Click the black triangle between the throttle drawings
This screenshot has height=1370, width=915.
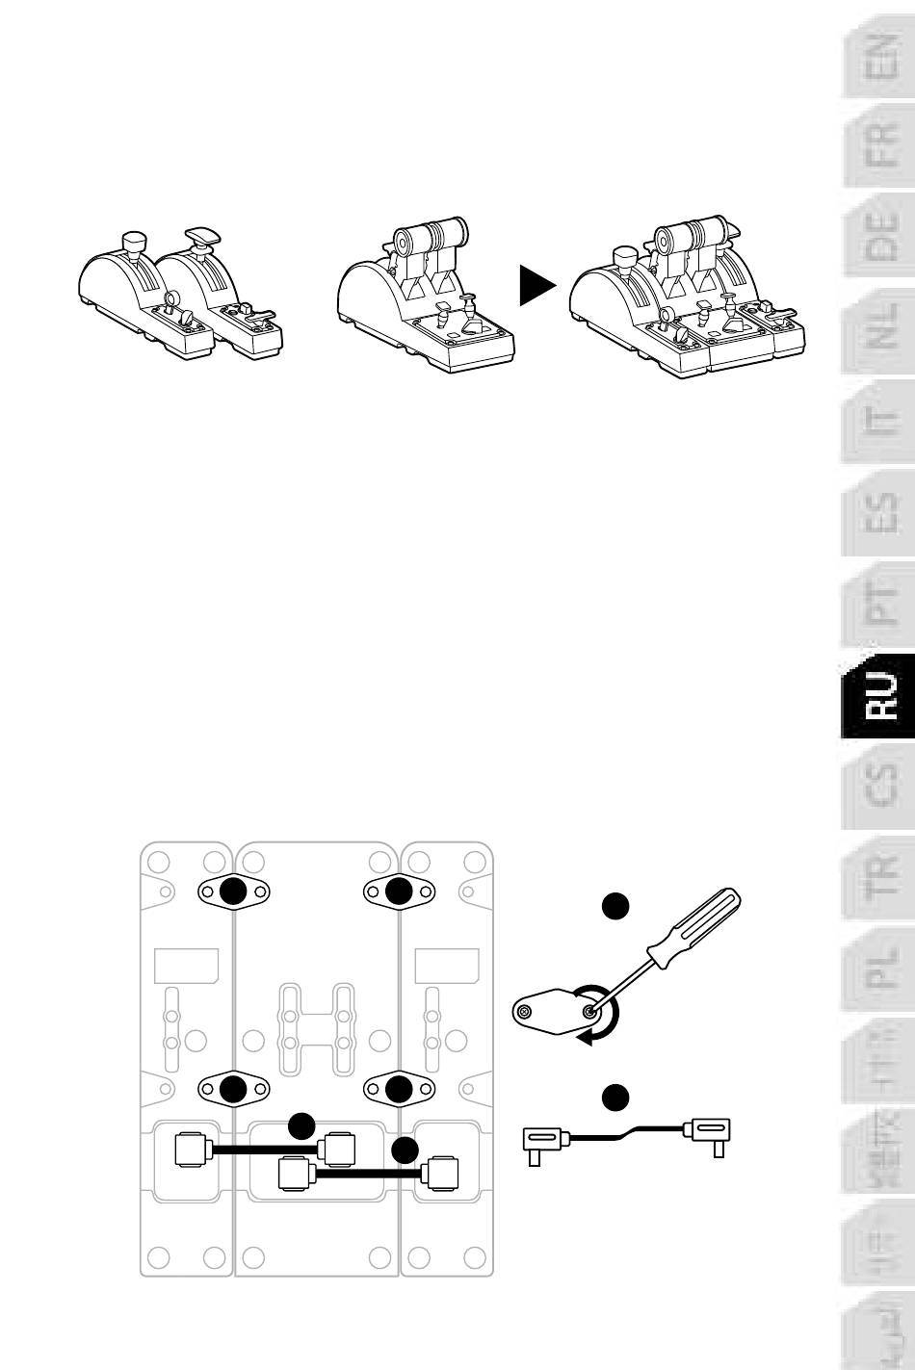click(537, 286)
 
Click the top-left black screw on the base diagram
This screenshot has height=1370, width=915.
click(232, 892)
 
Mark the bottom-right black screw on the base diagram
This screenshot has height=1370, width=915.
click(398, 1088)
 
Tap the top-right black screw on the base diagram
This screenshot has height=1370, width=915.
click(398, 892)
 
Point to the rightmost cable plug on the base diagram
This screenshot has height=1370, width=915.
click(441, 1173)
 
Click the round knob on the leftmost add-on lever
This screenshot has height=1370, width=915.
click(133, 238)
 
